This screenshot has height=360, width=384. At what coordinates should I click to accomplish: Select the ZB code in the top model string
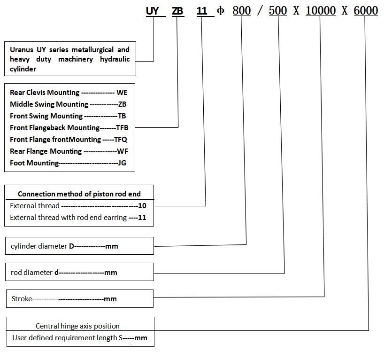[178, 11]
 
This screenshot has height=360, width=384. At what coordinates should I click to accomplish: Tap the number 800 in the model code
[242, 11]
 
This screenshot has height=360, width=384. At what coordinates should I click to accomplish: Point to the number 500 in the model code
[278, 11]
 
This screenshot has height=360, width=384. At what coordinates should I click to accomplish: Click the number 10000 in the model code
[320, 11]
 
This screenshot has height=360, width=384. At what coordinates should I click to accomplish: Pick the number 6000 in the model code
[366, 11]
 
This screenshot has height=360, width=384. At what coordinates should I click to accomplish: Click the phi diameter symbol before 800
[221, 11]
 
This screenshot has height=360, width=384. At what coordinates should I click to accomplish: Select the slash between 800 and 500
[260, 11]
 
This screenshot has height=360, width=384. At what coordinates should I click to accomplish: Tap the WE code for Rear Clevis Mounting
[122, 93]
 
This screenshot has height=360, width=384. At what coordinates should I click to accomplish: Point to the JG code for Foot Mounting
[122, 163]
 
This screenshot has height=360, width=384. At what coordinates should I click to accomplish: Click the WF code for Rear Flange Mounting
[122, 151]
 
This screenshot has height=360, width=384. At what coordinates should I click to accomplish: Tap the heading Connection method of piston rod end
[79, 194]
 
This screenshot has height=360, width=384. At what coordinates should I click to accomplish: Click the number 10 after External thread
[142, 206]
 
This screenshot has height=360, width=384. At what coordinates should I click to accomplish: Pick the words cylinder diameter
[39, 246]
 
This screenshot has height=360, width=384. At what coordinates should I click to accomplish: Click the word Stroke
[21, 298]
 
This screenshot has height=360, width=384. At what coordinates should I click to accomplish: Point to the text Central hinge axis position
[77, 326]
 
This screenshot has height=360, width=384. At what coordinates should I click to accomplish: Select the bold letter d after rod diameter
[56, 272]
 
